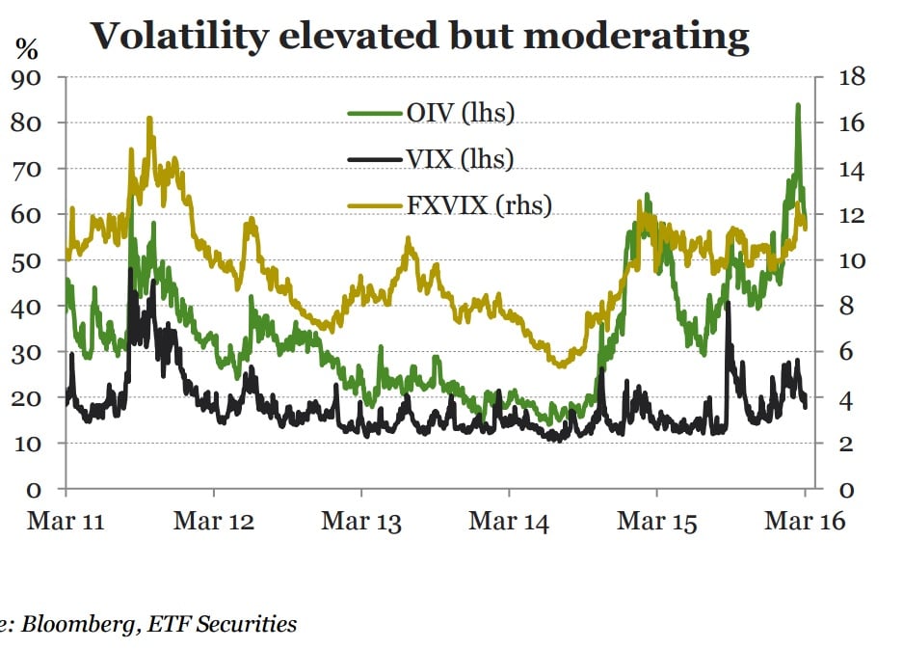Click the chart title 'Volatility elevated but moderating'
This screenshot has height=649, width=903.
point(419,37)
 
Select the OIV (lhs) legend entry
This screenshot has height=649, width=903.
point(460,114)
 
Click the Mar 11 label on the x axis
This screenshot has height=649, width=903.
point(66,522)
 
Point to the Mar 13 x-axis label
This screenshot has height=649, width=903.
point(361,522)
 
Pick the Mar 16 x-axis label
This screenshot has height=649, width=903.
point(804,522)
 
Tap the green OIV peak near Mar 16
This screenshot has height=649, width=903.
point(798,105)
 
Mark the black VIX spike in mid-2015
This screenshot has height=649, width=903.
point(728,304)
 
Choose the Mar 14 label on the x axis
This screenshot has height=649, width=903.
point(509,522)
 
